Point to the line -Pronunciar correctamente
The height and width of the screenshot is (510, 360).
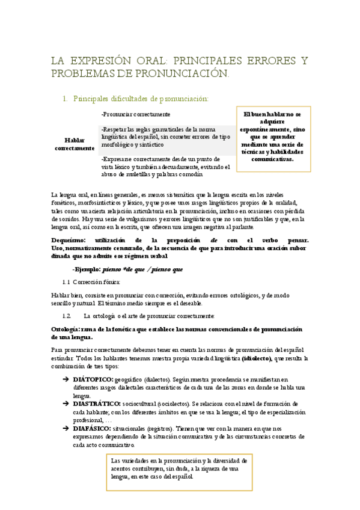click(x=136, y=114)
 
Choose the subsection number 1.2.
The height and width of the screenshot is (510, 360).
click(x=68, y=315)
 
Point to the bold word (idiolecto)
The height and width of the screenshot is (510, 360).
click(x=257, y=358)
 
